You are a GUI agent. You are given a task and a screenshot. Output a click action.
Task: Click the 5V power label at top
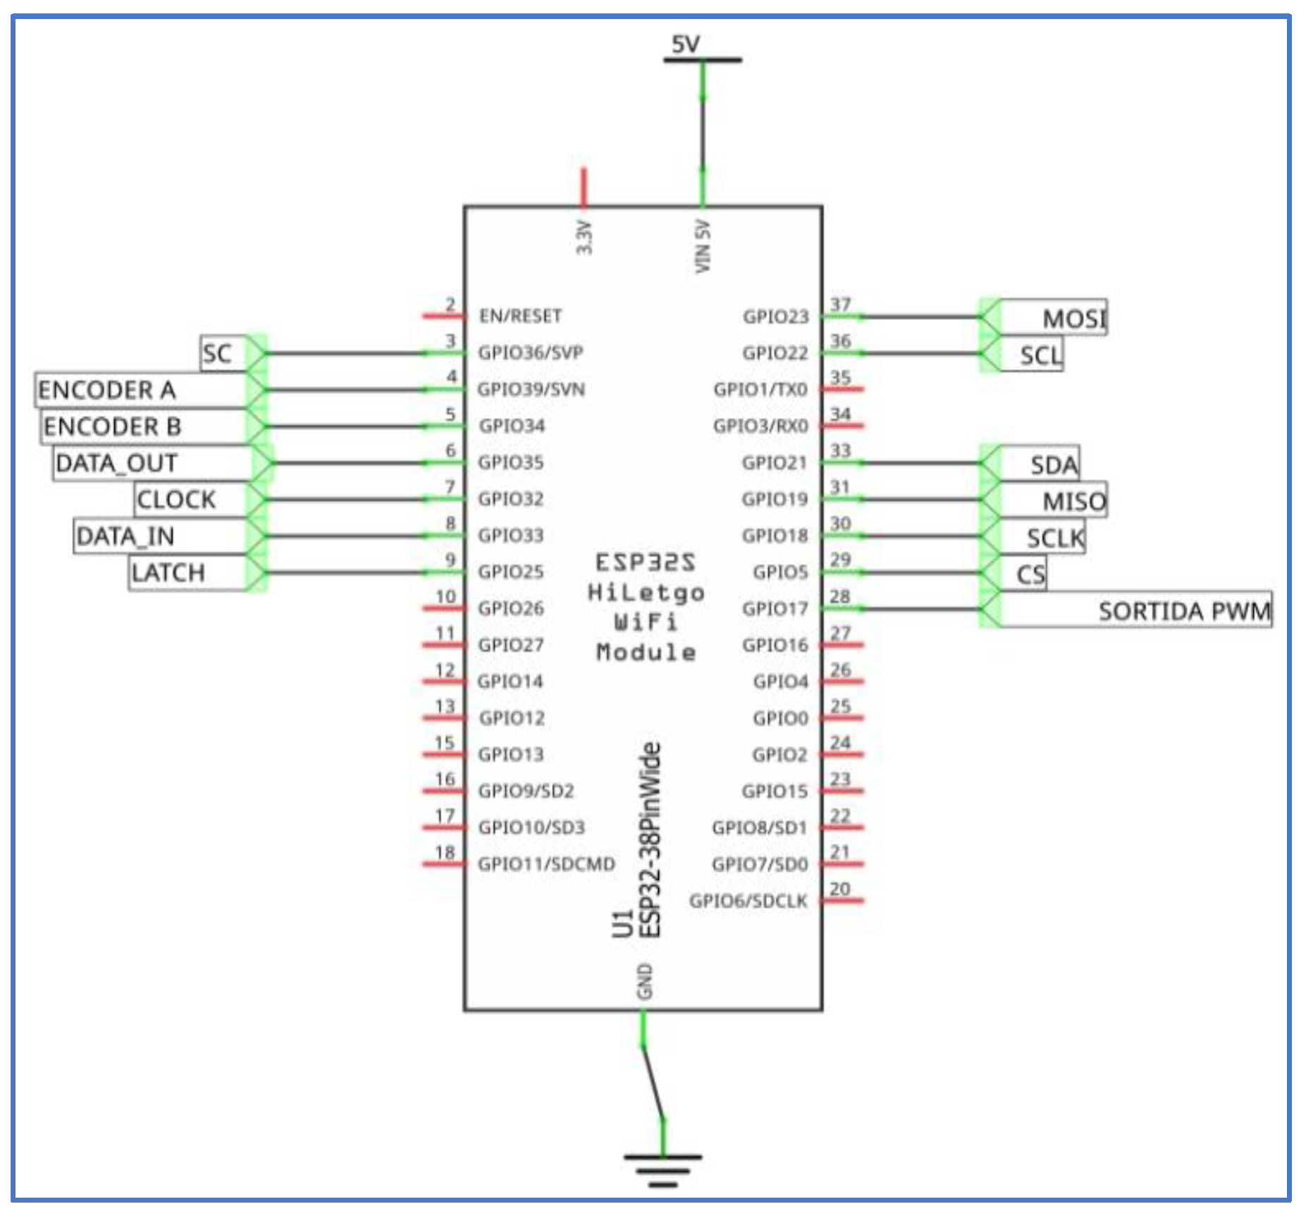point(685,45)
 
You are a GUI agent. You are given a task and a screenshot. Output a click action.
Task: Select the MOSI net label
point(1073,319)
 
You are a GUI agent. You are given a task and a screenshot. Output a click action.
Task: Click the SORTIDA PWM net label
point(1183,610)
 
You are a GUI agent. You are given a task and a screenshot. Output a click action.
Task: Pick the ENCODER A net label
point(107,390)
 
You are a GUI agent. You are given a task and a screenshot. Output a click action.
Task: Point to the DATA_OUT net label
point(117,463)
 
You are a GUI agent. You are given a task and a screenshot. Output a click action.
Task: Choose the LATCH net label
point(168,572)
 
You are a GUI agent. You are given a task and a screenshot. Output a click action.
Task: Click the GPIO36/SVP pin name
point(530,352)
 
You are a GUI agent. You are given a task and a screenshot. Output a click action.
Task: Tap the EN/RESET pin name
point(520,316)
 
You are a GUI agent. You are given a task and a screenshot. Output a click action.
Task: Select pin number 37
point(840,305)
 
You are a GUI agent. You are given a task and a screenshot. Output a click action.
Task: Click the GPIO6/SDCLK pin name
point(748,901)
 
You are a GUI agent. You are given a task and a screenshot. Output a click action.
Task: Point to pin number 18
point(445,852)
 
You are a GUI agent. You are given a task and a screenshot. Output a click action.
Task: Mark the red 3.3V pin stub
point(583,188)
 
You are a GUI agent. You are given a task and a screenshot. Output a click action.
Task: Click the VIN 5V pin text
point(703,246)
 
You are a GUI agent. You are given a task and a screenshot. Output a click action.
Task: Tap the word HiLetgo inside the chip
point(646,592)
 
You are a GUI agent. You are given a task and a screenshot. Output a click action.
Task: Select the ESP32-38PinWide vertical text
point(650,839)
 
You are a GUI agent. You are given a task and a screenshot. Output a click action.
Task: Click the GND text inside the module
point(644,981)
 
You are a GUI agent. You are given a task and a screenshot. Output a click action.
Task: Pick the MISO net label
point(1073,501)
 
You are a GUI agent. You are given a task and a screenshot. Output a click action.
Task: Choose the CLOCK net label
point(176,499)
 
